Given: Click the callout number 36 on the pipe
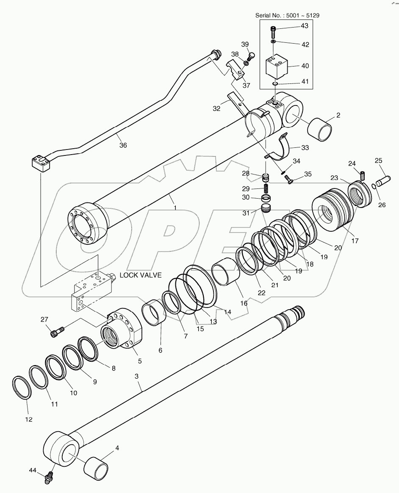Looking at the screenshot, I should [122, 145].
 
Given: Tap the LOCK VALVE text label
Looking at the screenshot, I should [140, 275].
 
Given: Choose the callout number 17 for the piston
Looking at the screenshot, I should [354, 241].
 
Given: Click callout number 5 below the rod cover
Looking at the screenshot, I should [139, 361].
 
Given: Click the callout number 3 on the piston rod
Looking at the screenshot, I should [136, 376].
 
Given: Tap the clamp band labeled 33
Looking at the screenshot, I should [283, 151].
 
